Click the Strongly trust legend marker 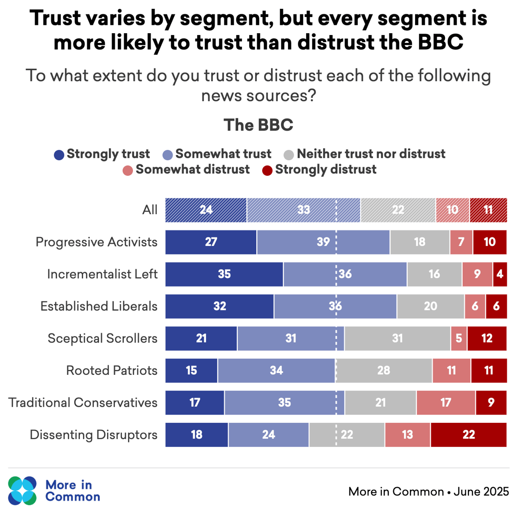click(x=59, y=155)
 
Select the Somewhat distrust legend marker click(x=127, y=171)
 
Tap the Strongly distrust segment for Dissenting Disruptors click(x=469, y=435)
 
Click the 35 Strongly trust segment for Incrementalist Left click(x=224, y=274)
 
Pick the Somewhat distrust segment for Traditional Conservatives click(x=445, y=403)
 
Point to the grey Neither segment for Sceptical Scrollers click(x=397, y=338)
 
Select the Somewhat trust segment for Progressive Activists click(x=323, y=242)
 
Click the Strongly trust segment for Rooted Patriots click(x=192, y=370)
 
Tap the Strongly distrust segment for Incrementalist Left click(x=500, y=274)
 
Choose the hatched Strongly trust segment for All click(x=206, y=210)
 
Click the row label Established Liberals click(x=99, y=306)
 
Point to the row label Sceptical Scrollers click(x=102, y=338)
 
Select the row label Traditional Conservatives click(x=83, y=403)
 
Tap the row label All click(x=150, y=210)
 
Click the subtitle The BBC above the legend click(x=258, y=125)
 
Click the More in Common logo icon click(x=22, y=490)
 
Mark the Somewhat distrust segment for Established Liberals click(x=475, y=307)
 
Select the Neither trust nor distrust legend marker click(x=289, y=155)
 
